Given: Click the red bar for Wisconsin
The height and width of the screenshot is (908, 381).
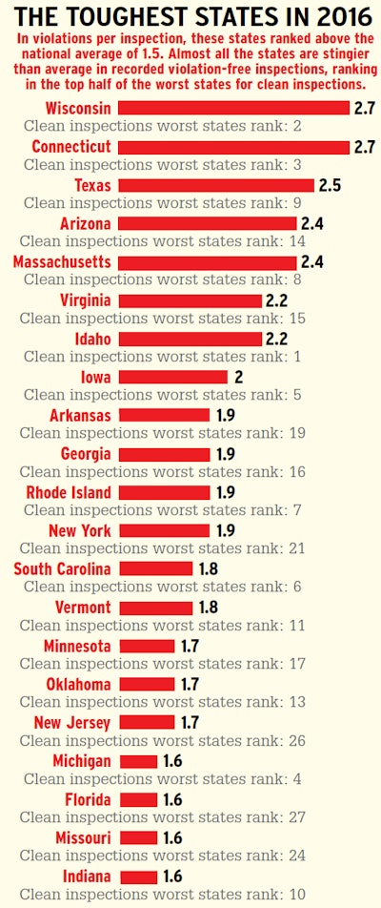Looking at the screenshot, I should tap(234, 108).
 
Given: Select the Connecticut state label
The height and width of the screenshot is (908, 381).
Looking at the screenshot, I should tap(71, 147).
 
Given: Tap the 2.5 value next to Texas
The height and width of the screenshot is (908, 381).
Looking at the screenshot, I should tap(331, 185).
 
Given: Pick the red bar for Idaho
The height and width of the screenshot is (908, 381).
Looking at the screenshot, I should tap(190, 339).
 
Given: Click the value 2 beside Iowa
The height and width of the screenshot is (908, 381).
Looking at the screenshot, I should tap(238, 377).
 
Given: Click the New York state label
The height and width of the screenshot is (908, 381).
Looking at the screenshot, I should tap(79, 530).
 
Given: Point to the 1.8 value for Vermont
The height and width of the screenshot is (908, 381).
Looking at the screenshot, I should tap(208, 608).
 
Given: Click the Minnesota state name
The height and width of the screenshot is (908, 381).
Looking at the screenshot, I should tap(77, 646).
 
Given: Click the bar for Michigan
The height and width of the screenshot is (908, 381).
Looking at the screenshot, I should tap(138, 761).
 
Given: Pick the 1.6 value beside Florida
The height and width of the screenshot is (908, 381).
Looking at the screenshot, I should tap(172, 799).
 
